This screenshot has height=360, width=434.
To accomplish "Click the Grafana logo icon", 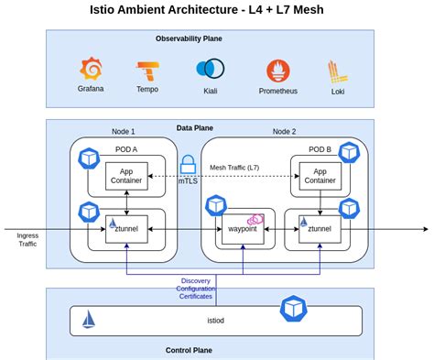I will click(x=91, y=69).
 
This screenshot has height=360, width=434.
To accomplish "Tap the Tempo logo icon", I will click(x=147, y=71).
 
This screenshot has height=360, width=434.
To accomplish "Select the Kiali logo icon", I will click(x=210, y=69).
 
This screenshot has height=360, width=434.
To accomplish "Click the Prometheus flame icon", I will click(x=277, y=71).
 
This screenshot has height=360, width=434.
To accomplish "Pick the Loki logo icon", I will click(x=336, y=71).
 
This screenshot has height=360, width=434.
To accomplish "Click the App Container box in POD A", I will click(x=126, y=175).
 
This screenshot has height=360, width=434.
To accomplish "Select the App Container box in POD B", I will click(x=320, y=175).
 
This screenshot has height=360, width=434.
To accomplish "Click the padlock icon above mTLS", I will click(x=188, y=165).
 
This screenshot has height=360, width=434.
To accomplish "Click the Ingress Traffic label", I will click(x=27, y=240).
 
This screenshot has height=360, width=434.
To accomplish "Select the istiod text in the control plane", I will click(x=217, y=320).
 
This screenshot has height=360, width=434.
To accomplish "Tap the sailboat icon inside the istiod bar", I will click(x=89, y=319).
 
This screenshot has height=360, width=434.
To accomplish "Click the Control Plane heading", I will click(x=189, y=350).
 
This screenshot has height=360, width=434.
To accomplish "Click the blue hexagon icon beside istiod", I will click(x=293, y=307).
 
